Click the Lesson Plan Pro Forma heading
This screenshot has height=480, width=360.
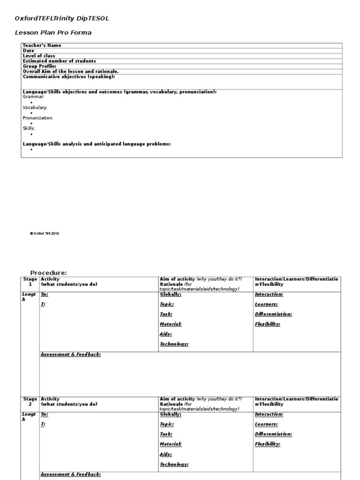53,33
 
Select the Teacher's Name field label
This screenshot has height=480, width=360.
42,45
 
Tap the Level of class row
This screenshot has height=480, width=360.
39,56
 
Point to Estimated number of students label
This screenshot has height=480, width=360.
60,61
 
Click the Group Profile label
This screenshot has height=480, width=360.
39,66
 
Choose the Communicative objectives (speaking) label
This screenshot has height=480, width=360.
69,76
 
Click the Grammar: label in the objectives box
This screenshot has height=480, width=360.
34,97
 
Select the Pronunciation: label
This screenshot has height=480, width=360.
38,118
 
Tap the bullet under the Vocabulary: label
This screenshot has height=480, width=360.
31,113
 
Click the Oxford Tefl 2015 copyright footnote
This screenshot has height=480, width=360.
45,233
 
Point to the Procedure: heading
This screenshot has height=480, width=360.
49,273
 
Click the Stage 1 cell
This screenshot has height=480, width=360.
30,282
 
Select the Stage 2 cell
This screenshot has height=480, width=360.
30,402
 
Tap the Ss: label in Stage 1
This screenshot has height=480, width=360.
45,294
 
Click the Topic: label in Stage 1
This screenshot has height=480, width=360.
167,304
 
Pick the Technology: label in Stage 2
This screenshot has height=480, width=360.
174,464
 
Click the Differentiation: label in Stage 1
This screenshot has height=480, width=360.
273,314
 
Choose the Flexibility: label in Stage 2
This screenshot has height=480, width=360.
268,444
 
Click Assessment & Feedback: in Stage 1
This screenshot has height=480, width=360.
71,355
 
